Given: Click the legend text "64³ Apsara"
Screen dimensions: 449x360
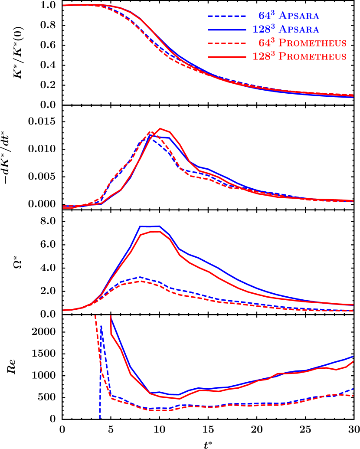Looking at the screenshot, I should coord(289,16).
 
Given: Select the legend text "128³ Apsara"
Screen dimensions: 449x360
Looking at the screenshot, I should coord(286,29).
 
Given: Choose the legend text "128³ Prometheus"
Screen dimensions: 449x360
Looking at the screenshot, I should coord(299,56).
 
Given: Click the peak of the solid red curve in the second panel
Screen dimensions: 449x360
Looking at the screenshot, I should coord(160,128).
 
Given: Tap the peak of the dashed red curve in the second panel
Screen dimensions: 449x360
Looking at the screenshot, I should coord(150,131).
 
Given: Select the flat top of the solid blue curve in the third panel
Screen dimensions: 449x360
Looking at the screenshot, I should coord(150,226).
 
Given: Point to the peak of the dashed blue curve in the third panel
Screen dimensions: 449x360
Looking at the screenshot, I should coord(140,277).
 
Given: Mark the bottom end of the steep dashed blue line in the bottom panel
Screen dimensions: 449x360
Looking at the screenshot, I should coord(100,418).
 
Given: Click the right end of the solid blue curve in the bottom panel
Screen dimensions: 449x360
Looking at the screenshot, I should coord(353,356).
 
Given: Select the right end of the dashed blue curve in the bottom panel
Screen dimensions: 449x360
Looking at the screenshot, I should coord(353,389).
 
